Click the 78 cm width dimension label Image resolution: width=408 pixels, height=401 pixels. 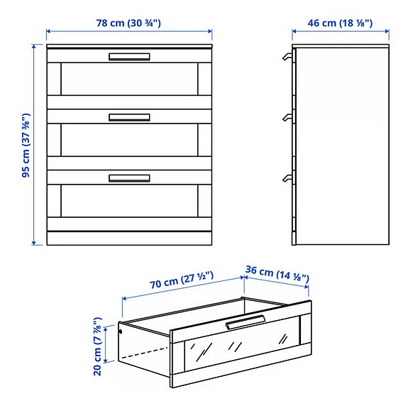(x=129, y=22)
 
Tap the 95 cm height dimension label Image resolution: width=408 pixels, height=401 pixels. (x=26, y=144)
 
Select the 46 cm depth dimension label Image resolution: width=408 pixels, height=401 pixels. (x=341, y=22)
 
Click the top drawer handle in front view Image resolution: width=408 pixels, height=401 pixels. (x=129, y=57)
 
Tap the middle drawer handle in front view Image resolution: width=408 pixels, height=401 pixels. (x=129, y=117)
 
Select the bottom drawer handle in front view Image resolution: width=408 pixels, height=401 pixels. (x=129, y=177)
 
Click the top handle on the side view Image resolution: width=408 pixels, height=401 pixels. (x=287, y=57)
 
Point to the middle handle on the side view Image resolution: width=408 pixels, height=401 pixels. (x=287, y=117)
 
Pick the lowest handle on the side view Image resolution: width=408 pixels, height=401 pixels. (x=287, y=177)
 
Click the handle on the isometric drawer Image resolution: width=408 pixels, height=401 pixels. (x=245, y=322)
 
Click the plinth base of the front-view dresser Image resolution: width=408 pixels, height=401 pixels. (x=129, y=238)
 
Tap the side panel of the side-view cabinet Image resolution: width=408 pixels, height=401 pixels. (x=342, y=145)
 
